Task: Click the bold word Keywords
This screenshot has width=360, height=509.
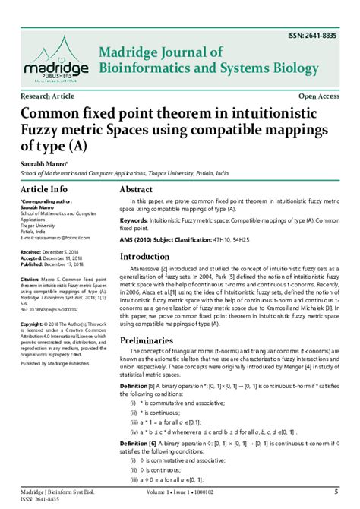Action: pyautogui.click(x=134, y=220)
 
